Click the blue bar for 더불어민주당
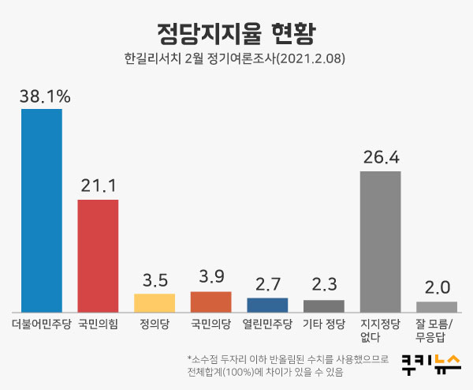(42, 209)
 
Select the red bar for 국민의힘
(98, 255)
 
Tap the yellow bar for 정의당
(155, 302)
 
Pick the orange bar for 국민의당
(211, 301)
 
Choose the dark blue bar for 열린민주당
(267, 304)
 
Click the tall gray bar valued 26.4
(380, 241)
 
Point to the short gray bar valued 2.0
(437, 306)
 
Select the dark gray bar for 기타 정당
(324, 306)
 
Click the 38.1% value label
(45, 96)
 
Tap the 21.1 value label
(99, 186)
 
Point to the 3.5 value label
(155, 280)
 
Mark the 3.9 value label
(211, 278)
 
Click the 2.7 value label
(267, 284)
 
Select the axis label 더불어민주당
(42, 324)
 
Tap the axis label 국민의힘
(99, 324)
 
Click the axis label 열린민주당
(267, 324)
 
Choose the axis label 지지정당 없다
(380, 330)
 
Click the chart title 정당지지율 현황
(236, 33)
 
